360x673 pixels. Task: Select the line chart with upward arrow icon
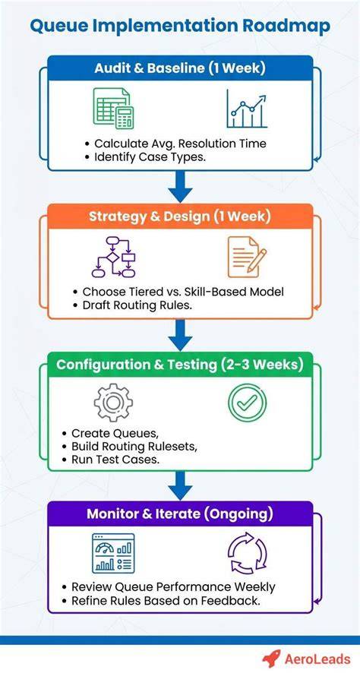click(x=247, y=109)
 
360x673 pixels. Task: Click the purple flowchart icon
click(x=114, y=256)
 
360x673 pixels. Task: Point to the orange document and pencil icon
click(x=246, y=257)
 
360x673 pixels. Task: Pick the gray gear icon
click(x=113, y=403)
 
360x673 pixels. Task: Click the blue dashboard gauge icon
click(x=113, y=553)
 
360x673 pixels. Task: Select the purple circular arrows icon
click(x=247, y=553)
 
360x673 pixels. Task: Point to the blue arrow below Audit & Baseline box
click(x=180, y=187)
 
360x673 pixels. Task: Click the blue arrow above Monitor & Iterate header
click(x=180, y=485)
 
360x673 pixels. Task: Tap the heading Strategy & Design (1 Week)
click(x=180, y=216)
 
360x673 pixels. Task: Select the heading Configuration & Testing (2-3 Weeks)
click(x=180, y=365)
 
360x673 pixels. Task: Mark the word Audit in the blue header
click(x=111, y=68)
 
